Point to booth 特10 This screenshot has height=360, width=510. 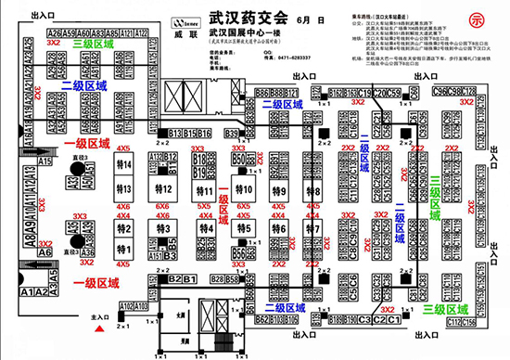246,188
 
